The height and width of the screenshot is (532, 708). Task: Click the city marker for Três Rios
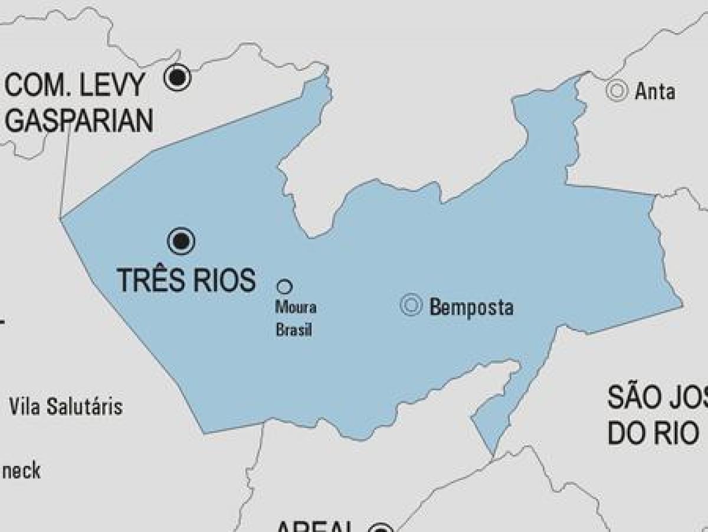click(x=181, y=241)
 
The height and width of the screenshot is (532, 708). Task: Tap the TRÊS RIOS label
click(x=186, y=280)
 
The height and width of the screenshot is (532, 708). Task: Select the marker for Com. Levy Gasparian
click(x=177, y=77)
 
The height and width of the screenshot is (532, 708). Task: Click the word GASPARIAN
click(x=79, y=120)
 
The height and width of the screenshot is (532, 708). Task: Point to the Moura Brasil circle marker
click(x=284, y=287)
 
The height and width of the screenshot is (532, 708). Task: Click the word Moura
click(x=296, y=308)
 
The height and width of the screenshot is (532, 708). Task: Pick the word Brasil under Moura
click(x=294, y=329)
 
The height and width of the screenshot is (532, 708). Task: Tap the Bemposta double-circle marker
click(x=411, y=305)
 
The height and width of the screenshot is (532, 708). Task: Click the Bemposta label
click(x=471, y=308)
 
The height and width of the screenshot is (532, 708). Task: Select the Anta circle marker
click(x=617, y=91)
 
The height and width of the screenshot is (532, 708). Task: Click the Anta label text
click(x=655, y=92)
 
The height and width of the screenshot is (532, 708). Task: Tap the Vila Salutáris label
click(x=65, y=407)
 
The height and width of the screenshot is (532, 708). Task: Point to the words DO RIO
click(x=653, y=434)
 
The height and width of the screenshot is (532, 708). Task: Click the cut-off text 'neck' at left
click(x=21, y=471)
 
